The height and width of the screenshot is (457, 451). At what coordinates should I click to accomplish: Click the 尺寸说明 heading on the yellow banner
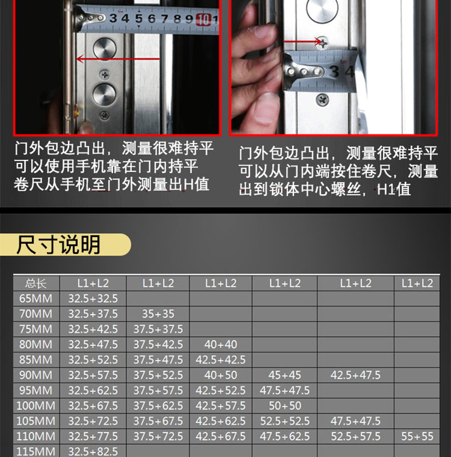click(x=59, y=245)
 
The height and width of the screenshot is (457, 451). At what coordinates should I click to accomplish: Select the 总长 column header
click(x=36, y=283)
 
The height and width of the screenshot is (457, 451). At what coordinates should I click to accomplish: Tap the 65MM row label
click(x=36, y=298)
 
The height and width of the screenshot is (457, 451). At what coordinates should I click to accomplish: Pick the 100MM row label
click(x=36, y=406)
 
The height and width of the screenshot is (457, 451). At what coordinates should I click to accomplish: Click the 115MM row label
click(x=36, y=451)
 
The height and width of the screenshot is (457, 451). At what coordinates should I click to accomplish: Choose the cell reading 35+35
click(x=158, y=314)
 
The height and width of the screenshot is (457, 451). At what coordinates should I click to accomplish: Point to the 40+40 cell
click(x=220, y=344)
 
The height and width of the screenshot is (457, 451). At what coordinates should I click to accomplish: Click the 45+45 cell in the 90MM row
click(x=285, y=375)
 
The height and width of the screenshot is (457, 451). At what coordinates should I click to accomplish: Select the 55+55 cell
click(x=417, y=436)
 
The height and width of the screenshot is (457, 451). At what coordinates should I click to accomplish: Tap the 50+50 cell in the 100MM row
click(x=285, y=406)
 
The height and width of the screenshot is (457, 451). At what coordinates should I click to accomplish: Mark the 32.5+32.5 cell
click(x=93, y=298)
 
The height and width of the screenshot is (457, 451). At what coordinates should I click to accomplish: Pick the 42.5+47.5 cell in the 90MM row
click(x=356, y=375)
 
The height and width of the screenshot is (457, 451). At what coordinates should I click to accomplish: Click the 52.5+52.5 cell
click(x=285, y=421)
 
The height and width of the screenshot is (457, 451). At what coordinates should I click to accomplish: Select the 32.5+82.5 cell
click(x=93, y=451)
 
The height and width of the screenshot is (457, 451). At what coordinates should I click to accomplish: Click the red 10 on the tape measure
click(x=203, y=20)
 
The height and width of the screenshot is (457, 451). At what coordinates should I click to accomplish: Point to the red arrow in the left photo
click(x=118, y=59)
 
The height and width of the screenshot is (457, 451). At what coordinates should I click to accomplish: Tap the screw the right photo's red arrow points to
click(x=322, y=42)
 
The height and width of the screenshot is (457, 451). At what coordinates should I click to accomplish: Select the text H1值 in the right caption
click(x=393, y=190)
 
